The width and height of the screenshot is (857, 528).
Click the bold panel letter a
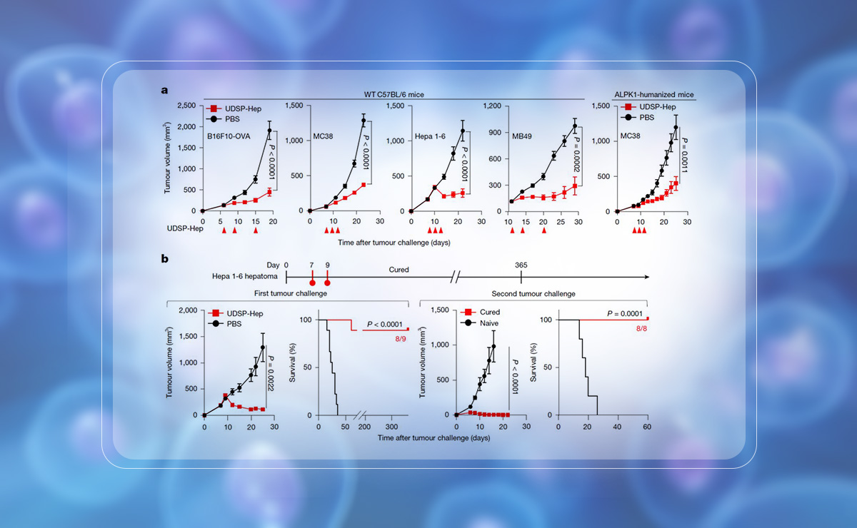pos(164,91)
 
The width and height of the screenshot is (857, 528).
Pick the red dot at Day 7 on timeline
pos(312,283)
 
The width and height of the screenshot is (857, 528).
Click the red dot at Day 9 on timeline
pos(327,283)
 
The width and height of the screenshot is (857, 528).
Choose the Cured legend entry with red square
pos(484,312)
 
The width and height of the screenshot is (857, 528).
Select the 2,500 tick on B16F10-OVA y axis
pos(184,106)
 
